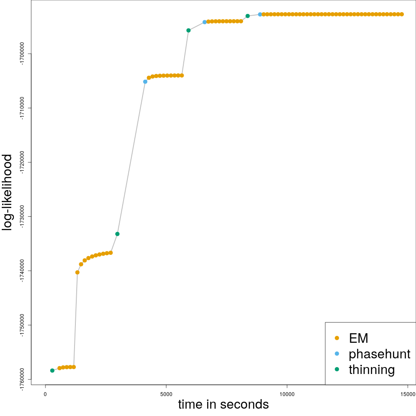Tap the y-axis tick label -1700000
click(x=22, y=54)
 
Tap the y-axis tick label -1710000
click(x=22, y=108)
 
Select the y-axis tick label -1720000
click(x=22, y=162)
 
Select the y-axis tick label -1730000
click(x=22, y=217)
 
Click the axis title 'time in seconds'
click(x=223, y=405)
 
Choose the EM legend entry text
click(x=358, y=338)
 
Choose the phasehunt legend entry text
click(x=379, y=354)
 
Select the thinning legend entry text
click(x=371, y=370)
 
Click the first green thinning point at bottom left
click(x=52, y=370)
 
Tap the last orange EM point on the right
click(x=402, y=14)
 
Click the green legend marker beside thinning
click(x=337, y=370)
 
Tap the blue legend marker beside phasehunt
click(x=337, y=354)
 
